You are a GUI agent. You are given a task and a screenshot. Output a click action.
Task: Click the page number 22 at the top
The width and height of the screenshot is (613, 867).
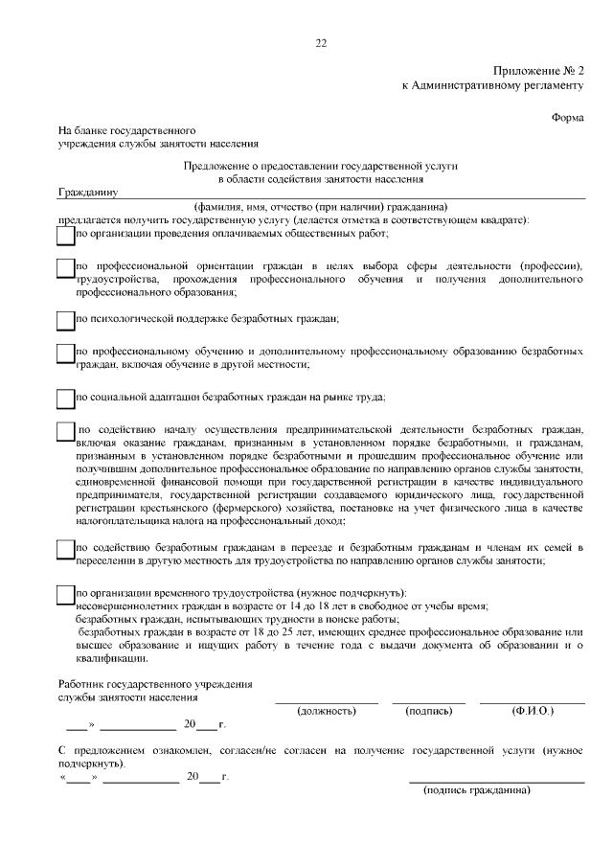321,42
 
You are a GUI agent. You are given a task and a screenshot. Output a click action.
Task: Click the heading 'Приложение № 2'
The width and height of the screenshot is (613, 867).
538,72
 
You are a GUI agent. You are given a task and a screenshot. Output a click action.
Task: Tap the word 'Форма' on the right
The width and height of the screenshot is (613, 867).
568,116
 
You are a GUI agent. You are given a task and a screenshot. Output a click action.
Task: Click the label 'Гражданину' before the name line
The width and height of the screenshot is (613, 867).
87,192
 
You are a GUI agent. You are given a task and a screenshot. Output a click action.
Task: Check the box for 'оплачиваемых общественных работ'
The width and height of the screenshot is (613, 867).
65,235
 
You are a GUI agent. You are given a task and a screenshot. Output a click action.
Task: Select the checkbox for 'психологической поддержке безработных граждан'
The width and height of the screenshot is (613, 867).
65,318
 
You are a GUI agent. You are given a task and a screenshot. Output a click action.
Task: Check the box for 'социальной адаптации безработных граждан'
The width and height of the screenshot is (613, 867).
65,398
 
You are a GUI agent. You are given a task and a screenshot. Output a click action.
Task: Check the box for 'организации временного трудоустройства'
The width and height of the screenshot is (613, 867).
65,595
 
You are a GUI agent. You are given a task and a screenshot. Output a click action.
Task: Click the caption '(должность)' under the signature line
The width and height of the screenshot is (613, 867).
327,711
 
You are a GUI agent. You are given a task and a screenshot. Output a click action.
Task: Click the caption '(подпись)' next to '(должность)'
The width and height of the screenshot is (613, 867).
428,711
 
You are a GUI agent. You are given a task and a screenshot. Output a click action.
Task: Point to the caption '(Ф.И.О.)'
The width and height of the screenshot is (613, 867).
534,711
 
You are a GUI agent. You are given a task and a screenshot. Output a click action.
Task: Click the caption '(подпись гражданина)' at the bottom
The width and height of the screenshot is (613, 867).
476,790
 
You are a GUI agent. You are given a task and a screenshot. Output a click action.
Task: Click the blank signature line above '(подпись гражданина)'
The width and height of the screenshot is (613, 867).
496,782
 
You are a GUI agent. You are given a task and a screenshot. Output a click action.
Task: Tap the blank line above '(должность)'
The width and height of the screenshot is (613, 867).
327,702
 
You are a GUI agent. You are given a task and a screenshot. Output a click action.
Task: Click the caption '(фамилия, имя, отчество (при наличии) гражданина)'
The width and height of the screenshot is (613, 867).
321,207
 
